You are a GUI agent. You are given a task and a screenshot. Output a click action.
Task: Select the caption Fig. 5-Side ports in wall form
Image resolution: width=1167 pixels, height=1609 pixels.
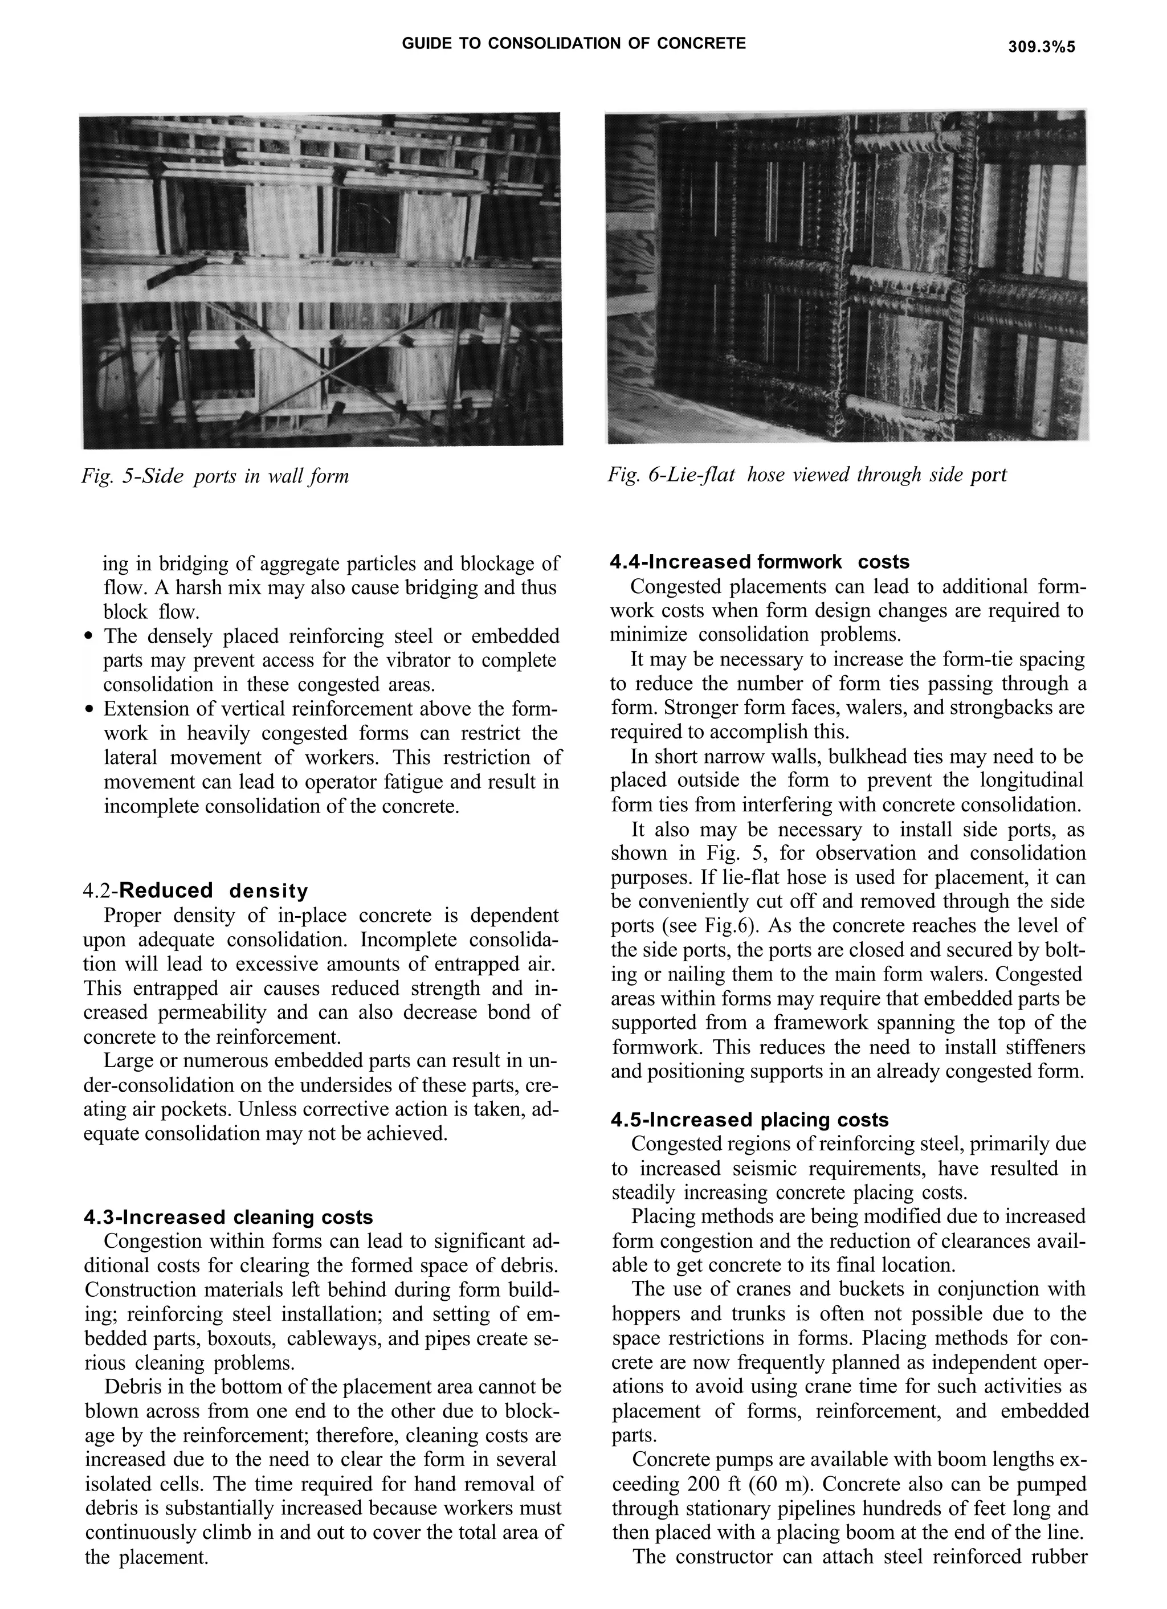pyautogui.click(x=215, y=475)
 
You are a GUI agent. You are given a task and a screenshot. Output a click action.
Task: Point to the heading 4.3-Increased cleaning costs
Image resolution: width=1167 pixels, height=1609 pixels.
pyautogui.click(x=228, y=1218)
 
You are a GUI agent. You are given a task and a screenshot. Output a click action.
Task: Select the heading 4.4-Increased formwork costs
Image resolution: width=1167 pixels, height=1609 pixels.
pyautogui.click(x=759, y=562)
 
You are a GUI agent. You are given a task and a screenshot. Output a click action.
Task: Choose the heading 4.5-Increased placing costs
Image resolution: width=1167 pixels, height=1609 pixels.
pyautogui.click(x=749, y=1120)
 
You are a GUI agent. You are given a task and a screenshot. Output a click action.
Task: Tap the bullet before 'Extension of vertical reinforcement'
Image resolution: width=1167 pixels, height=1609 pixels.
pyautogui.click(x=89, y=709)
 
